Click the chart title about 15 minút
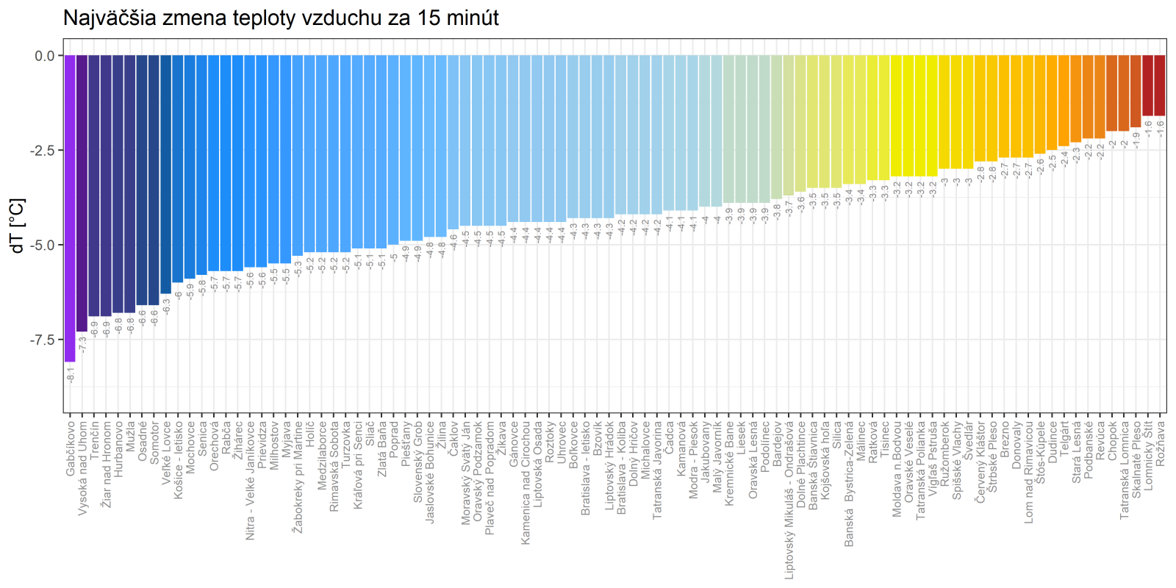[x=281, y=18]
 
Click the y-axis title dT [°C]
[x=18, y=226]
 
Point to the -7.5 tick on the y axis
[x=42, y=340]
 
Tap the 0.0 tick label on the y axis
[x=45, y=56]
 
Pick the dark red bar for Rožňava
[x=1160, y=85]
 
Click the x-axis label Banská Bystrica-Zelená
[x=849, y=484]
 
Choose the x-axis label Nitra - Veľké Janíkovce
[x=250, y=481]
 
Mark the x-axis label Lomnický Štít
[x=1148, y=455]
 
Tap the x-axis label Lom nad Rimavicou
[x=1029, y=471]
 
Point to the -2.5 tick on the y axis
[x=42, y=150]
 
